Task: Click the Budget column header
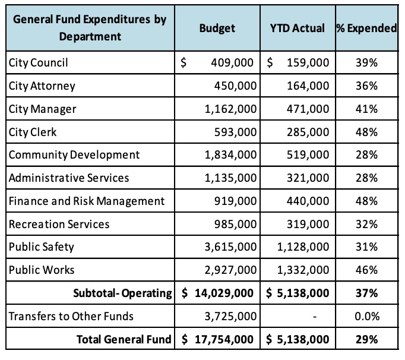click(x=217, y=28)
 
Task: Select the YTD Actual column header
click(x=298, y=28)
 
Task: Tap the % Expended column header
click(x=366, y=28)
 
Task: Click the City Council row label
click(x=38, y=63)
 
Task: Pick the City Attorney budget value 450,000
click(x=235, y=86)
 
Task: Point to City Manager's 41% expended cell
click(x=366, y=109)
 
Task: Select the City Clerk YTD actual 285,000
click(x=308, y=132)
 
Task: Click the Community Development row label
click(x=74, y=155)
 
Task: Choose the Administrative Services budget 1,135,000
click(x=230, y=178)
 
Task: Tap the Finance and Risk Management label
click(x=87, y=201)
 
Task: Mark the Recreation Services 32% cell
click(x=366, y=224)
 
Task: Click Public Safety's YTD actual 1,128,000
click(x=303, y=247)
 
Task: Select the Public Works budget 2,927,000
click(x=230, y=270)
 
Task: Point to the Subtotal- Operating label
click(x=122, y=293)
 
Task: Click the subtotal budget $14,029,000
click(x=217, y=293)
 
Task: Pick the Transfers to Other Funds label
click(x=71, y=316)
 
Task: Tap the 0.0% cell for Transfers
click(x=367, y=316)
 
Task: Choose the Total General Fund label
click(x=124, y=339)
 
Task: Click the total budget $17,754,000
click(x=217, y=339)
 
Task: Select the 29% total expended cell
click(x=366, y=339)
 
